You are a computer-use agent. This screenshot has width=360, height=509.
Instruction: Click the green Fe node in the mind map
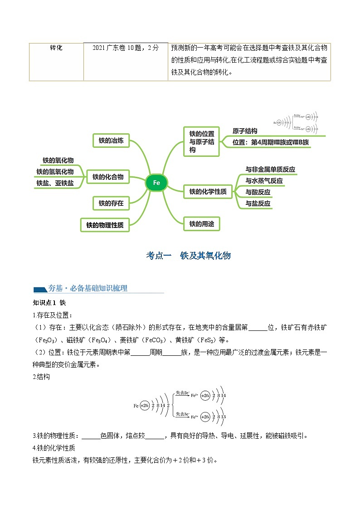click(x=156, y=183)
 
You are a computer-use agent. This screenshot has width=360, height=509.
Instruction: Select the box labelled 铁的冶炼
click(x=111, y=141)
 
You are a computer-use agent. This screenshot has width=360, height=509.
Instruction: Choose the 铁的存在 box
click(x=111, y=204)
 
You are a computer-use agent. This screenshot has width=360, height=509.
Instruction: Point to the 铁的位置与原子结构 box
click(x=201, y=141)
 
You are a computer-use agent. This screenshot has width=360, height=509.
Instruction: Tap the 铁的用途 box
click(x=201, y=223)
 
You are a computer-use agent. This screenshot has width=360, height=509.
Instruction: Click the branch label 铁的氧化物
click(x=58, y=160)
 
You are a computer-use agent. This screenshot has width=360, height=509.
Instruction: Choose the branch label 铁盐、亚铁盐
click(x=55, y=183)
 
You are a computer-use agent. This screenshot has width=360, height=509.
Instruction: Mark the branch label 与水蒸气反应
click(x=264, y=181)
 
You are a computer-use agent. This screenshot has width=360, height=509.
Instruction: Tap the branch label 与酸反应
click(x=258, y=192)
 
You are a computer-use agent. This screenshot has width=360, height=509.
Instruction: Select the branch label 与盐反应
click(x=258, y=204)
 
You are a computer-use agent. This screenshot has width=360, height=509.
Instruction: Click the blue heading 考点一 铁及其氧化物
click(x=188, y=256)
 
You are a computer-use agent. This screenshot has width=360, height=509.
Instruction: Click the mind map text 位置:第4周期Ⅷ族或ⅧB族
click(x=271, y=142)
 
